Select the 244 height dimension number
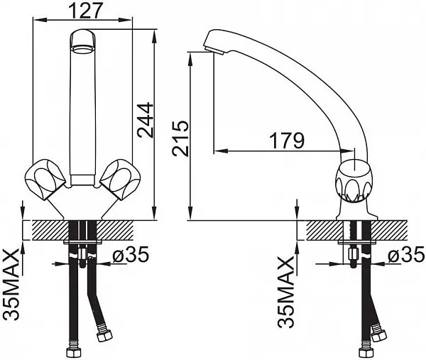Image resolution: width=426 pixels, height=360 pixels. [x=146, y=120]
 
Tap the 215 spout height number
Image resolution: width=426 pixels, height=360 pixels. [x=180, y=138]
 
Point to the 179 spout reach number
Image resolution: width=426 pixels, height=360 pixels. [x=287, y=141]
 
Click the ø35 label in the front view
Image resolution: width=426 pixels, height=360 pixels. [x=131, y=255]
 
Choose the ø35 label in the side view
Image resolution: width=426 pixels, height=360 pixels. [x=406, y=255]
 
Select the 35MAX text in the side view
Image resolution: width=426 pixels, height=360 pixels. [x=286, y=292]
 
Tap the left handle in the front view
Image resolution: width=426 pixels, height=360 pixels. [x=45, y=179]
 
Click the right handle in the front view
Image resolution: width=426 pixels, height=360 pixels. [x=120, y=179]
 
